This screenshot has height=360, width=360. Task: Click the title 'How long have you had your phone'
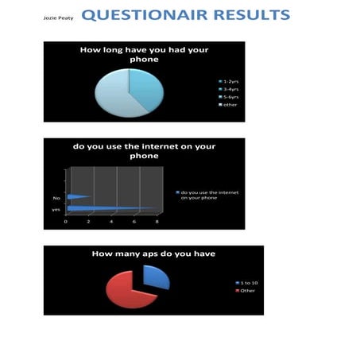(144, 54)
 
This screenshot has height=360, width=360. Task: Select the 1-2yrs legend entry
(231, 81)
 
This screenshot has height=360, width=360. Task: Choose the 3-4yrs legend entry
(231, 89)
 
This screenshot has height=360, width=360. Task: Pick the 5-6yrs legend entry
(231, 97)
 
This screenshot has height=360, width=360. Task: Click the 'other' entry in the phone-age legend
(230, 105)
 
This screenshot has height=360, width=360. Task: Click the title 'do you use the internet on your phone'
(144, 150)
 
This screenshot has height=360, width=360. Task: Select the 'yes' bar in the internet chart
(111, 208)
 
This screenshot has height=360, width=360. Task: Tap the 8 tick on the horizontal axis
(157, 223)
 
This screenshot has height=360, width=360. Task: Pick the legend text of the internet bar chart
(211, 195)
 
